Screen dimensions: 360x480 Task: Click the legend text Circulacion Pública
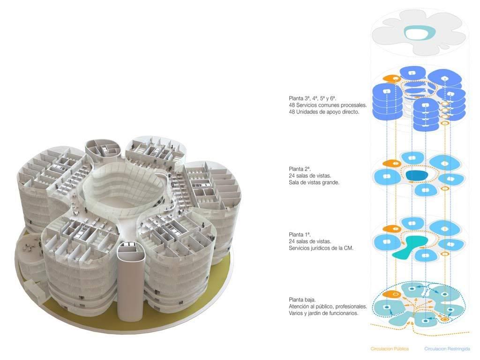click(390, 349)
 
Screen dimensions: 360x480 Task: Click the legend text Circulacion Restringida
click(447, 349)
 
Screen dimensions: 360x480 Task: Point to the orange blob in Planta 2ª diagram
click(390, 163)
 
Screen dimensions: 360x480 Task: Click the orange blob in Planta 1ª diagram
click(390, 229)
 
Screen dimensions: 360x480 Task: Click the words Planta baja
click(302, 300)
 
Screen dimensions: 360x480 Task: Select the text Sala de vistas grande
click(314, 182)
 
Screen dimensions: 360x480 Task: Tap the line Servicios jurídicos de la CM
click(321, 247)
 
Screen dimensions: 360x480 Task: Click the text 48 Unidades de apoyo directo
click(324, 112)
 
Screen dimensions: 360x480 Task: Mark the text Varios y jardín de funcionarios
click(324, 313)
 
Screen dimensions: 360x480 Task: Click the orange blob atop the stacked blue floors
click(390, 79)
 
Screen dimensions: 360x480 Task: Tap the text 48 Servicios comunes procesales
click(328, 105)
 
